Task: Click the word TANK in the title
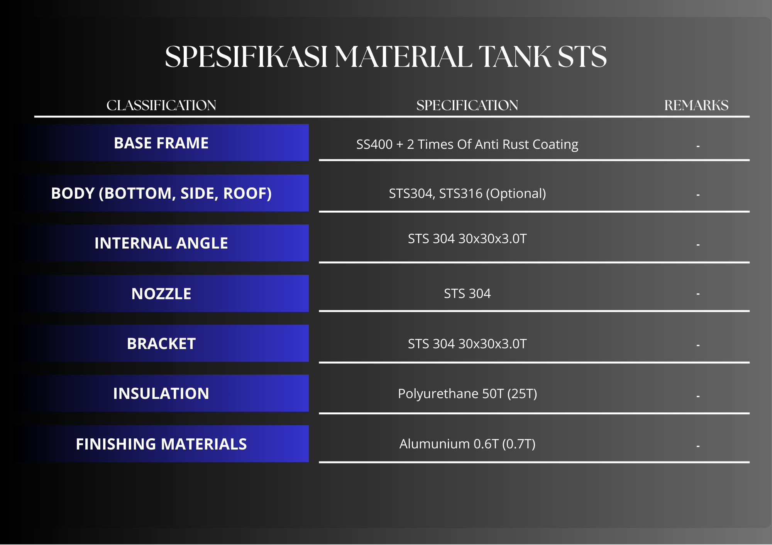coord(515,56)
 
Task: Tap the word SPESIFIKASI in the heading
coord(246,56)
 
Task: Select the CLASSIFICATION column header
coord(161,105)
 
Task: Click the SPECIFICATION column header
coord(467,105)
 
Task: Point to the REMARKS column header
coord(696,105)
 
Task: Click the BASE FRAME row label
coord(161,143)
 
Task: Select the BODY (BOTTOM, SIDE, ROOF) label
coord(161,193)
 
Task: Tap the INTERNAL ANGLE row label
coord(161,243)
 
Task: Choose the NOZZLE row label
coord(161,294)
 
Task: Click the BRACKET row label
coord(161,344)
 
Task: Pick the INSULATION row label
coord(161,393)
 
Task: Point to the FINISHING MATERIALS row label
coord(161,444)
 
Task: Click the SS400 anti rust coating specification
coord(467,145)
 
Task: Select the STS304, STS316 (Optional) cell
coord(467,194)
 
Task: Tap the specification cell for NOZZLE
coord(467,294)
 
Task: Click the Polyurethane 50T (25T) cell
coord(467,394)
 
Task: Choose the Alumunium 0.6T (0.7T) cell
coord(467,444)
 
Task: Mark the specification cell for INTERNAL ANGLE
coord(467,239)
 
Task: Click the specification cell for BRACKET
coord(467,344)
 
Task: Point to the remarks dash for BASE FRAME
coord(698,146)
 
